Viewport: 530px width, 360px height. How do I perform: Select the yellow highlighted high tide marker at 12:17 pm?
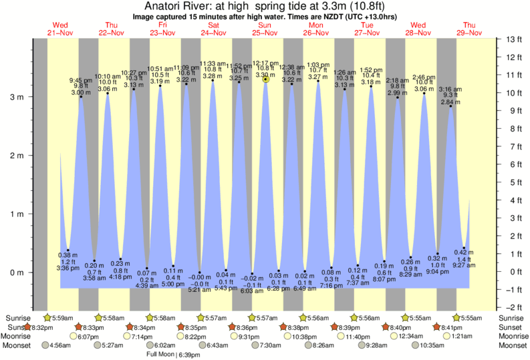coord(266,79)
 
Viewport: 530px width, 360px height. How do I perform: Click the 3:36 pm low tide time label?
coord(68,268)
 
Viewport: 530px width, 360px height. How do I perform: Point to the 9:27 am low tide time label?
coord(463,264)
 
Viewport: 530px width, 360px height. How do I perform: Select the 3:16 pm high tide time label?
coord(453,89)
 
